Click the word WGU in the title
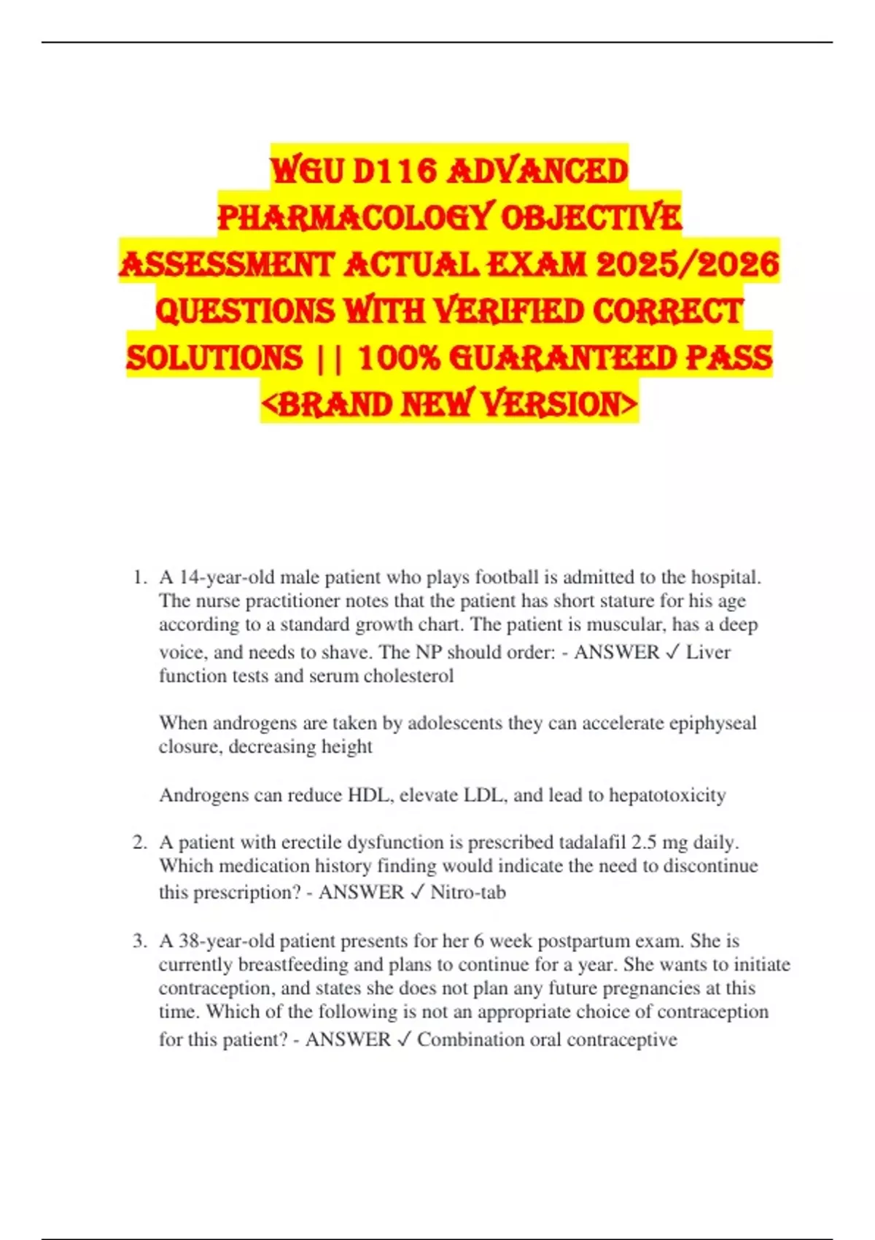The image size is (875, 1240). [306, 171]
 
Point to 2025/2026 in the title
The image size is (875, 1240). [688, 264]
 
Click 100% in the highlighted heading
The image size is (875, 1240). [400, 358]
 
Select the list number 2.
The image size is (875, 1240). [139, 842]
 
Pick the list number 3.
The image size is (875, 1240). [139, 941]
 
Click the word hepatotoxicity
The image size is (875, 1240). [667, 795]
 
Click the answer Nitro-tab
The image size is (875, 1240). [468, 892]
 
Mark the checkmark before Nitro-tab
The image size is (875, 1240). [417, 892]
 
